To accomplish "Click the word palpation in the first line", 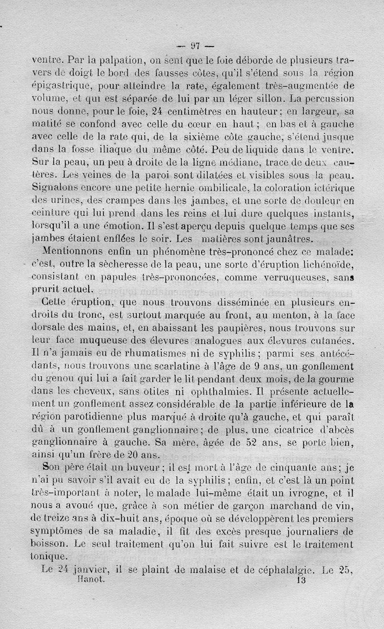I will click(113, 61).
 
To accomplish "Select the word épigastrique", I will click(61, 87).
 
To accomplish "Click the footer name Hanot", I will click(90, 579).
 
